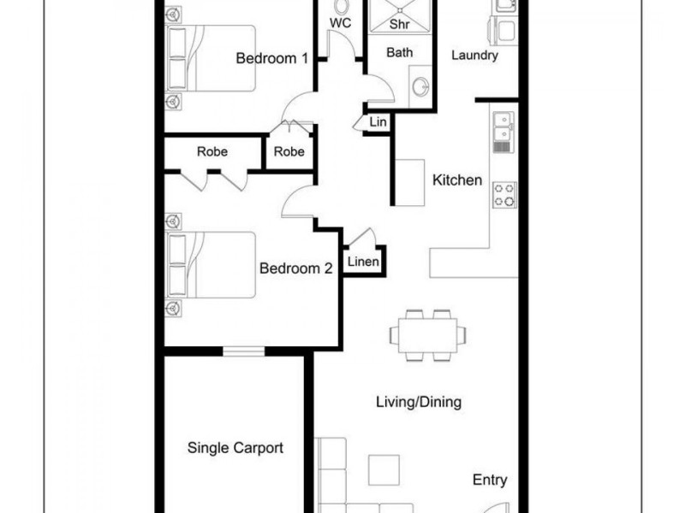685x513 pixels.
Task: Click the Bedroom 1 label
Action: [271, 58]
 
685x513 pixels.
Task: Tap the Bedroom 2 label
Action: [295, 268]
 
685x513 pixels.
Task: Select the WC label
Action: [340, 23]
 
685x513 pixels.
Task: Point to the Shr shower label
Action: [399, 24]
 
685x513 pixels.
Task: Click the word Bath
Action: [399, 53]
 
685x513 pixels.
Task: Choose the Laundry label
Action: [474, 56]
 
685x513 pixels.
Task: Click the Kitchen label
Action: [457, 180]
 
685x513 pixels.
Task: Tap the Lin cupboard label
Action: [378, 122]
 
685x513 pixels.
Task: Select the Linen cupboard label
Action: [363, 262]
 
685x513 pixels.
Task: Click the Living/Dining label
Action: [419, 402]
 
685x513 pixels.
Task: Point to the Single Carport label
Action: [235, 447]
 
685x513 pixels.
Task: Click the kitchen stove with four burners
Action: [503, 195]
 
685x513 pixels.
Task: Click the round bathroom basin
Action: [420, 88]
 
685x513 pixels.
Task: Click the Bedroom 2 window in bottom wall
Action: [244, 349]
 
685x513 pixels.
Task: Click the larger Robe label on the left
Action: [212, 151]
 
